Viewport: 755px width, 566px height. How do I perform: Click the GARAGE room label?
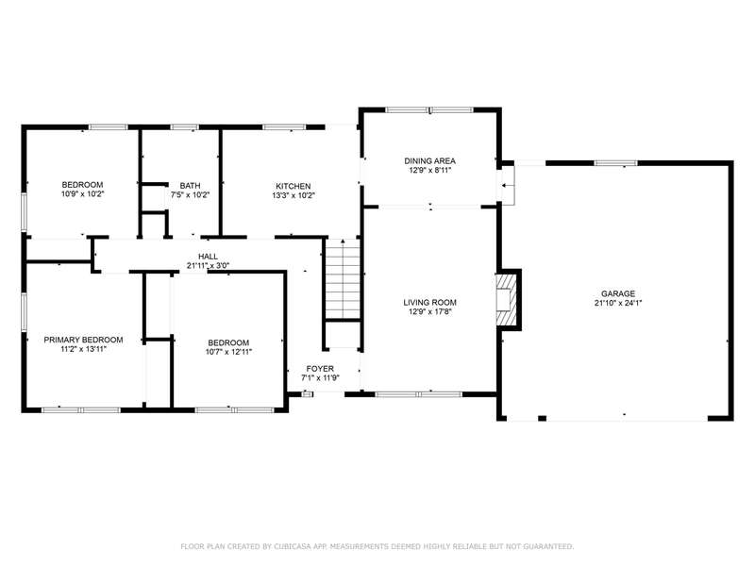pyautogui.click(x=618, y=293)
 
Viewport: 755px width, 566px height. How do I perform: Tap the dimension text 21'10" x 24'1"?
pyautogui.click(x=618, y=303)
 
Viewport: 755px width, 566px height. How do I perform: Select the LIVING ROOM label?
pyautogui.click(x=429, y=302)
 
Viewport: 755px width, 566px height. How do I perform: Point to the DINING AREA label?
pyautogui.click(x=429, y=160)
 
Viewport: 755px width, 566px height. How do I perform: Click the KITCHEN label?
pyautogui.click(x=294, y=186)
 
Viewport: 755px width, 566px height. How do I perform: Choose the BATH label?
pyautogui.click(x=191, y=185)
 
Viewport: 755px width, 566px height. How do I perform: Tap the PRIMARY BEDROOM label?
pyautogui.click(x=83, y=340)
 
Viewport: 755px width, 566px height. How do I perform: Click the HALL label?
pyautogui.click(x=208, y=257)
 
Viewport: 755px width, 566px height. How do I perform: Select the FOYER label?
pyautogui.click(x=320, y=369)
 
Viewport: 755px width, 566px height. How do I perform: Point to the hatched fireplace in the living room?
pyautogui.click(x=507, y=299)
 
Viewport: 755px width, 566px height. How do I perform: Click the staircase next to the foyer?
pyautogui.click(x=343, y=279)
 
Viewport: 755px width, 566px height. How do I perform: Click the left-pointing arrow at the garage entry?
pyautogui.click(x=506, y=185)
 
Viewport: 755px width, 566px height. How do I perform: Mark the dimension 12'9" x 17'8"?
pyautogui.click(x=429, y=312)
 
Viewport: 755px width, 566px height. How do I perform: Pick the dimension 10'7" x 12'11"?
pyautogui.click(x=228, y=352)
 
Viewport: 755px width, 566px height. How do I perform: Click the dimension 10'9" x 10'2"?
pyautogui.click(x=82, y=194)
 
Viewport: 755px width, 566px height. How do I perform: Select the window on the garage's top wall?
pyautogui.click(x=615, y=163)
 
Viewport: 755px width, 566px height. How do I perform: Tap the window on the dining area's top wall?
pyautogui.click(x=429, y=110)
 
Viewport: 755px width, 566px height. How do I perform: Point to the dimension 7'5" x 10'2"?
pyautogui.click(x=191, y=195)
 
